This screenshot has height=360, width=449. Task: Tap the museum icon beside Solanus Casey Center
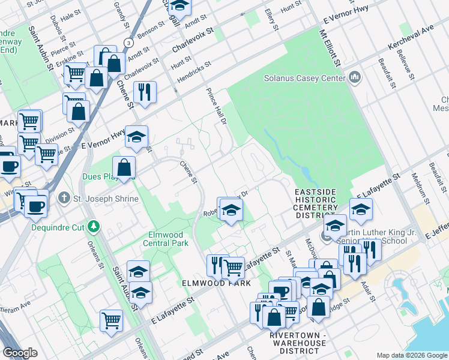point(355,78)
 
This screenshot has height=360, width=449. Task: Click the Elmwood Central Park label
point(166,239)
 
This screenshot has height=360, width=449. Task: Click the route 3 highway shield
point(127,43)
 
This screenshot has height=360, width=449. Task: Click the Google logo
point(20,353)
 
